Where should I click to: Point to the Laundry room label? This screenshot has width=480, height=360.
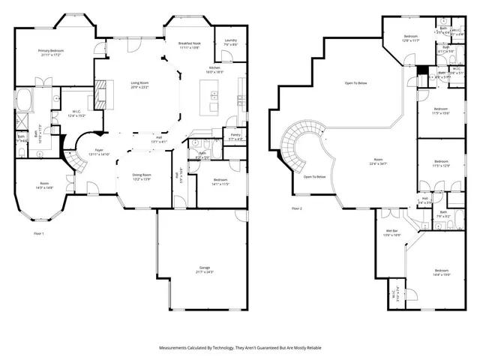(230, 42)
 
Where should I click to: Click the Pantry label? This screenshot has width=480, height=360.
(235, 136)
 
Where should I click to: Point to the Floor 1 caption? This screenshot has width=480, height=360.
(39, 235)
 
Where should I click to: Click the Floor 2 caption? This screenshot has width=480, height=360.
(296, 208)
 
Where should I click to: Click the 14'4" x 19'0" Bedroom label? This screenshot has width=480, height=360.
(441, 272)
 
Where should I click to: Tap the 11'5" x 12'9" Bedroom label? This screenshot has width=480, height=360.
(441, 163)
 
